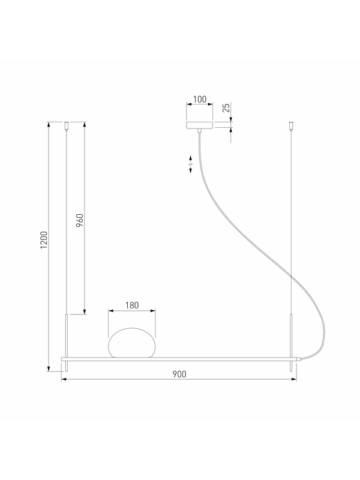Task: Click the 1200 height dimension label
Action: tap(44, 239)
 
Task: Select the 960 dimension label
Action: tap(80, 220)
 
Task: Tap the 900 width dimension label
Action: tap(179, 374)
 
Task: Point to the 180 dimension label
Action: tap(132, 305)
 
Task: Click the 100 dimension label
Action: tap(200, 99)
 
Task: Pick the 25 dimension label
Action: tap(226, 108)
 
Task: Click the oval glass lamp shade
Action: tap(132, 343)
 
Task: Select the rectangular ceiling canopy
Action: tap(200, 125)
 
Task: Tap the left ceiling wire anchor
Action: tap(67, 126)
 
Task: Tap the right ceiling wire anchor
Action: tap(291, 126)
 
